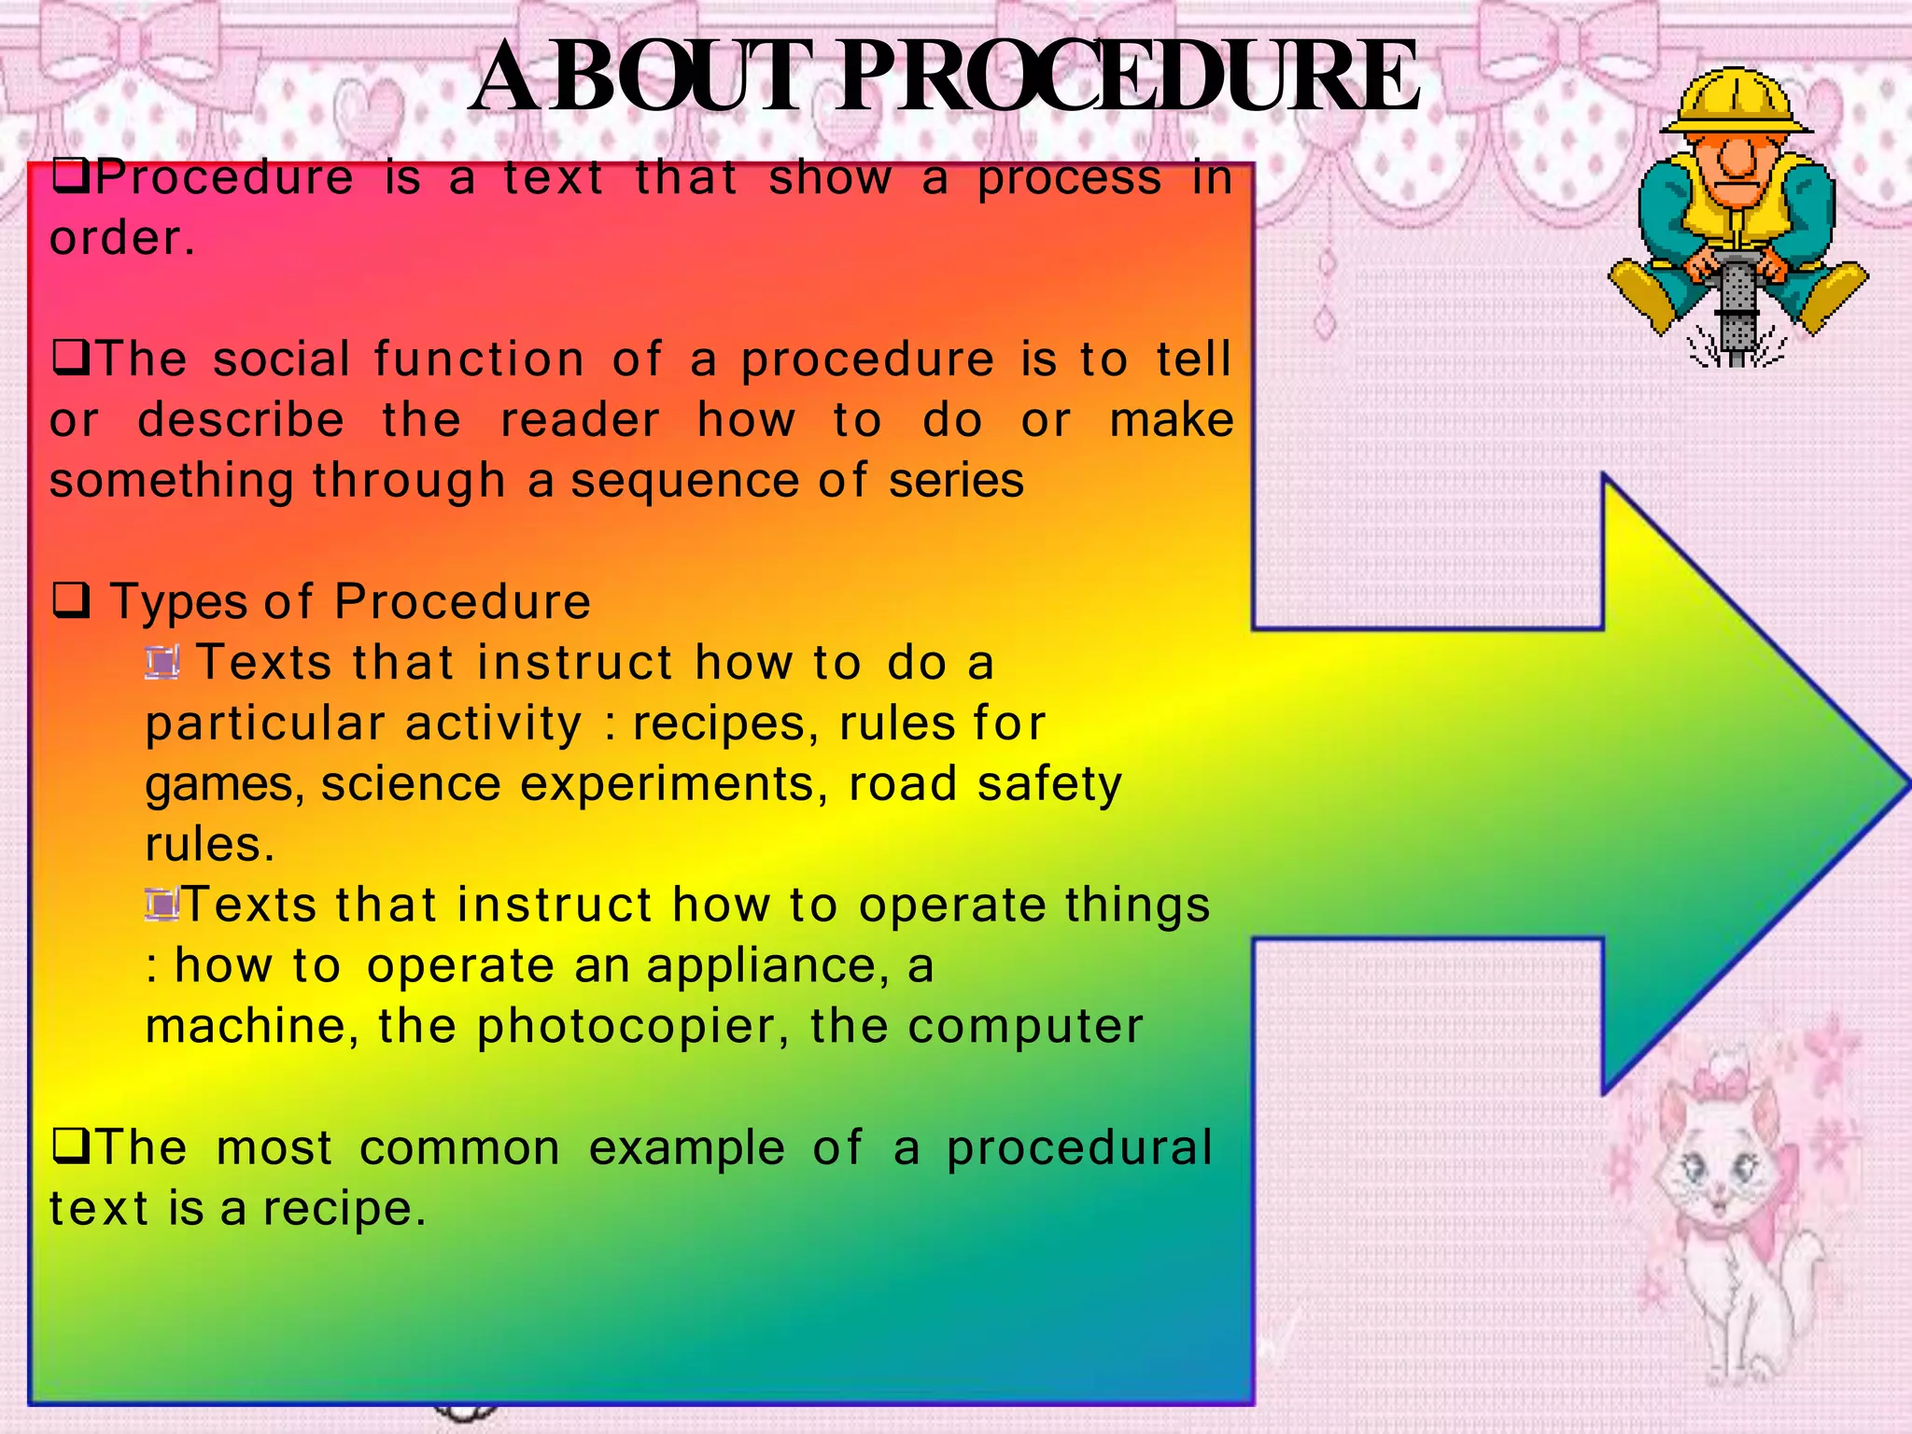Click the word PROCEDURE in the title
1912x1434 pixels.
pos(1130,77)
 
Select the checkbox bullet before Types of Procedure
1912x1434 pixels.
pos(72,600)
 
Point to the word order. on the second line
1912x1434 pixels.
pos(122,238)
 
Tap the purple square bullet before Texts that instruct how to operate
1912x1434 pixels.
pos(162,904)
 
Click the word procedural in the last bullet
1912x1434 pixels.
pos(1079,1148)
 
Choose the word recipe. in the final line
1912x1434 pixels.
pos(344,1209)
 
